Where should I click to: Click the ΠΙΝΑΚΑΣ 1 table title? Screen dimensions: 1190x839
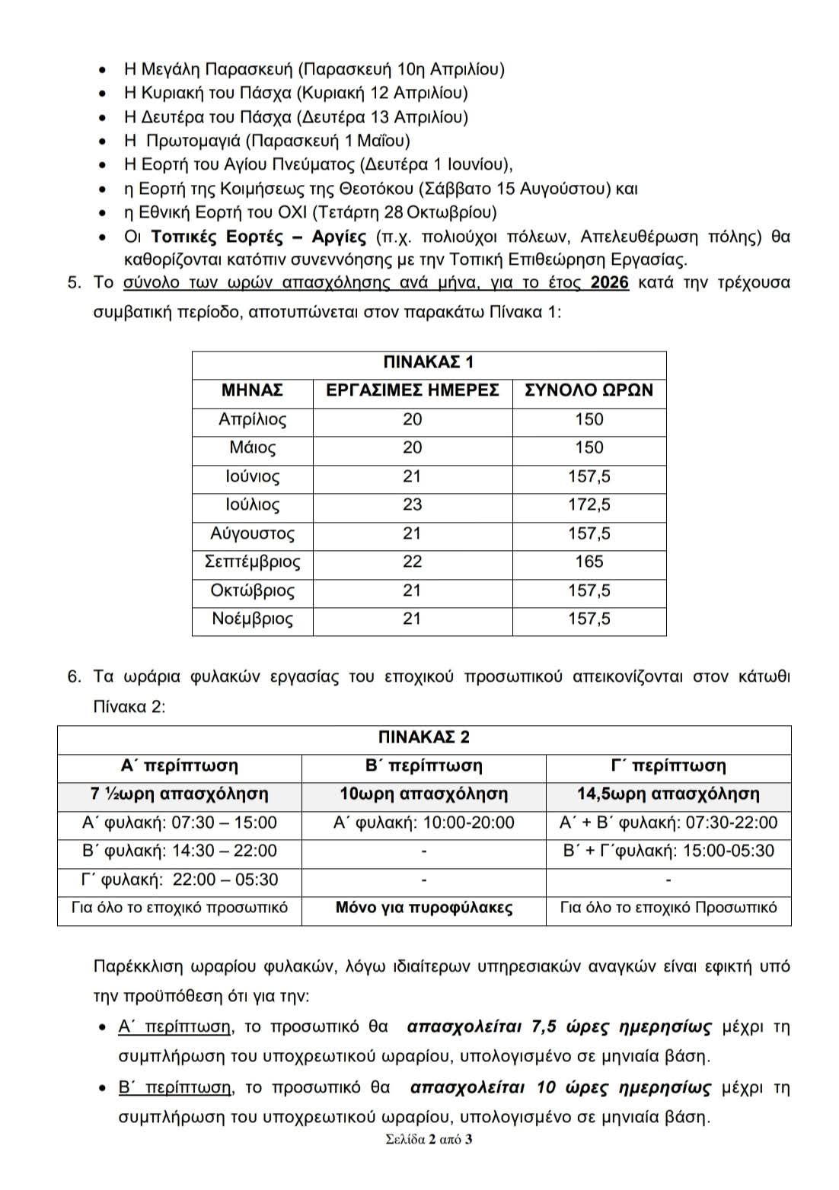429,362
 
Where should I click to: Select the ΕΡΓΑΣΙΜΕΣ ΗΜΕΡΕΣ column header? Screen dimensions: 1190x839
412,390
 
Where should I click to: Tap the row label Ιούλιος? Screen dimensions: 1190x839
252,504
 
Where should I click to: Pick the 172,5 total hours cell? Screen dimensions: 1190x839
589,504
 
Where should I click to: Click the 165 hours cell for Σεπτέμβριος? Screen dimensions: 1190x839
589,562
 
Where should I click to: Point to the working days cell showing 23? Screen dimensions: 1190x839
412,504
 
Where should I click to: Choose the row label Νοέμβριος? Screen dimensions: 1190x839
252,619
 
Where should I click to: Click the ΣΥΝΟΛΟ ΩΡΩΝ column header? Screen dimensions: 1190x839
589,390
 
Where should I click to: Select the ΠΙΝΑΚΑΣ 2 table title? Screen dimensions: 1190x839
424,737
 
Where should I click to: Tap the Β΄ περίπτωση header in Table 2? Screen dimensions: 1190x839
424,765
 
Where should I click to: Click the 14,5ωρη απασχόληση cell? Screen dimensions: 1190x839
668,794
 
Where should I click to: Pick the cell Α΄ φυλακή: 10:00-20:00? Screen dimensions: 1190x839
424,822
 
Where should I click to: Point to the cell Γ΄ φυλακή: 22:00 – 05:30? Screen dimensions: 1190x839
180,880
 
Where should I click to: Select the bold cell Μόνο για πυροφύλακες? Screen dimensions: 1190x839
424,908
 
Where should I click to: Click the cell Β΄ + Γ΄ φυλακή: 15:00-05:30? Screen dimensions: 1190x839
668,851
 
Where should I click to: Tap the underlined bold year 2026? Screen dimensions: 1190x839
609,283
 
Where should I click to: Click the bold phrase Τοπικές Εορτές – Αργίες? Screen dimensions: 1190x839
260,236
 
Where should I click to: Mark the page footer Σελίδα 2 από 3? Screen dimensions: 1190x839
429,1140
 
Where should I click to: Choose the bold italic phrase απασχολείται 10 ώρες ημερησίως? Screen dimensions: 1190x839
560,1087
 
